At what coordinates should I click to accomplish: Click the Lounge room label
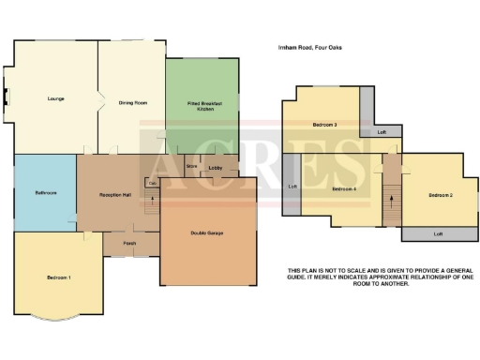[x=55, y=98]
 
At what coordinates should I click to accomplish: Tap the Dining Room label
[x=131, y=102]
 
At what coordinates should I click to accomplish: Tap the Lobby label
[x=215, y=168]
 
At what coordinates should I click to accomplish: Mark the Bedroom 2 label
[x=441, y=195]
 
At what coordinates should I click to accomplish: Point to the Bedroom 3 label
[x=324, y=124]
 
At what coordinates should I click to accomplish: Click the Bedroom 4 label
[x=344, y=189]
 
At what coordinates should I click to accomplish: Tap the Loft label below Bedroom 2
[x=438, y=233]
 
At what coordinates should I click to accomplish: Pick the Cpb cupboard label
[x=150, y=182]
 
